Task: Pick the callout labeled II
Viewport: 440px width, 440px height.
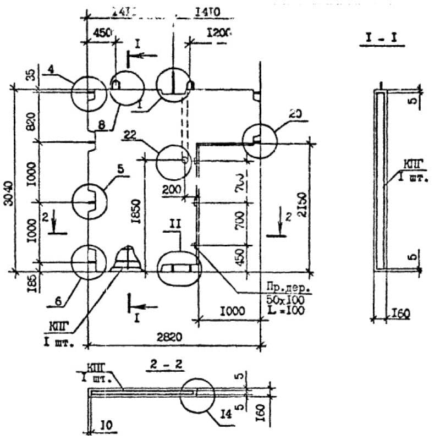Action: point(174,224)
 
